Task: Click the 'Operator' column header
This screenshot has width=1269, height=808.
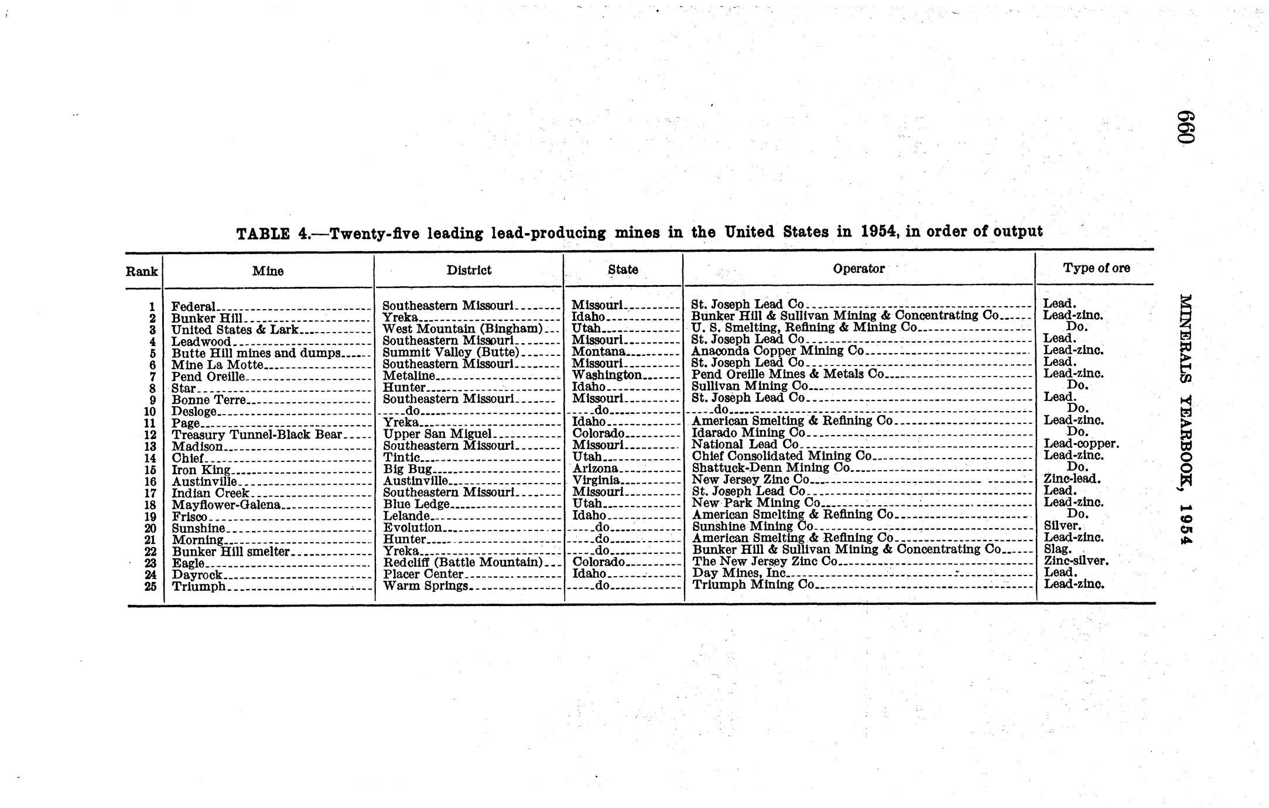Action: [858, 269]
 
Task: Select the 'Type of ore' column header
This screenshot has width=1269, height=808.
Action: [1096, 268]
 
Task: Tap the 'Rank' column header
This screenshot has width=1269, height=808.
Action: [142, 272]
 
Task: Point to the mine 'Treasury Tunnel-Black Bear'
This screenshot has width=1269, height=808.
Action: [256, 434]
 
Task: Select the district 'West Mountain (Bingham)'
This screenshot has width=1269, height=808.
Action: [463, 328]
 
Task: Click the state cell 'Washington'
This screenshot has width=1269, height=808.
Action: [607, 375]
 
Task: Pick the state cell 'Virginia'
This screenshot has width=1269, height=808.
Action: [596, 480]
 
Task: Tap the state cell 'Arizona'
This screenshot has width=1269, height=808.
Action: [596, 468]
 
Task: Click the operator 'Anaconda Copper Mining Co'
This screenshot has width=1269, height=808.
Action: [778, 351]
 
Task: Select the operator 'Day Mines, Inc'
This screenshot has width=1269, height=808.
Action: [738, 573]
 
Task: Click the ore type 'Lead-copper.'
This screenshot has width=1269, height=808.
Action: [1081, 444]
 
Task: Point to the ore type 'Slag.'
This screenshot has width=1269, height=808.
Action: [1058, 549]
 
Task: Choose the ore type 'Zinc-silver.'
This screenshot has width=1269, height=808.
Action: [1076, 561]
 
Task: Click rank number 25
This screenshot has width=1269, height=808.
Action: [150, 586]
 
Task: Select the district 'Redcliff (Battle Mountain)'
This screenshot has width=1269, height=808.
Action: [463, 562]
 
